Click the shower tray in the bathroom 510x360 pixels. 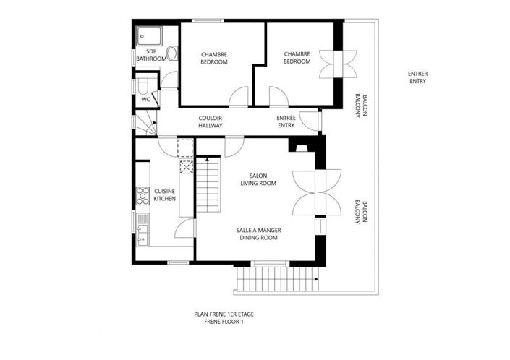(150, 35)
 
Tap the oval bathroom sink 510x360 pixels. (172, 54)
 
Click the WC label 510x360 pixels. (145, 100)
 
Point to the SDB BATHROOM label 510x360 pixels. (151, 55)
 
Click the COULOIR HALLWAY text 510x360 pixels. (210, 122)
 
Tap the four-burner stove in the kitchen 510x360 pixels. (143, 195)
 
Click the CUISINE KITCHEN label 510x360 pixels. (165, 194)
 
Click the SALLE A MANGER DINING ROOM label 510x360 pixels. (258, 233)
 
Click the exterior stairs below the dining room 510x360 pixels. (276, 278)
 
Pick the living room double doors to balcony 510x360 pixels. (317, 192)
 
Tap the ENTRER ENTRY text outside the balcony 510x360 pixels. (417, 77)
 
